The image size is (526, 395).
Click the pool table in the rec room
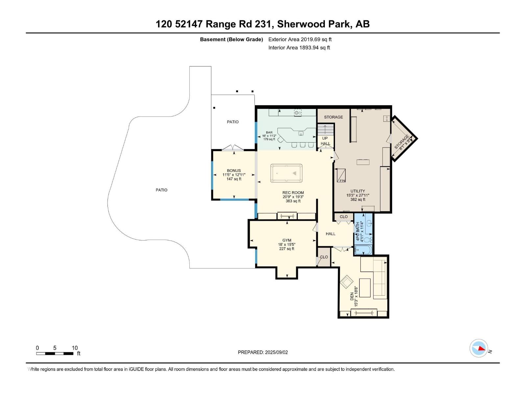coord(286,173)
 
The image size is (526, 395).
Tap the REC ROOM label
coord(293,193)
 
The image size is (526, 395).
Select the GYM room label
coord(287,240)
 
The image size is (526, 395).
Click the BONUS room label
coord(234,171)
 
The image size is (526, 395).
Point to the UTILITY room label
coord(358,191)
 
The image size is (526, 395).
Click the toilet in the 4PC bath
coord(370,240)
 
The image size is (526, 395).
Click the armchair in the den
coord(347,282)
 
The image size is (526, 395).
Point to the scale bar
coord(55,354)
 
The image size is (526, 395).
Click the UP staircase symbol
coord(325,129)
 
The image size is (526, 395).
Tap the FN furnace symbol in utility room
coord(341,175)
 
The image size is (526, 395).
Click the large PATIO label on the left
coord(161,190)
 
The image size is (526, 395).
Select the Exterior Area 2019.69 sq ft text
coord(300,39)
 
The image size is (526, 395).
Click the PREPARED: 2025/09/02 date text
coord(263,352)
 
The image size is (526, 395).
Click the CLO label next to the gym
coord(324,257)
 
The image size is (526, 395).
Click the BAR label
coord(269,132)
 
